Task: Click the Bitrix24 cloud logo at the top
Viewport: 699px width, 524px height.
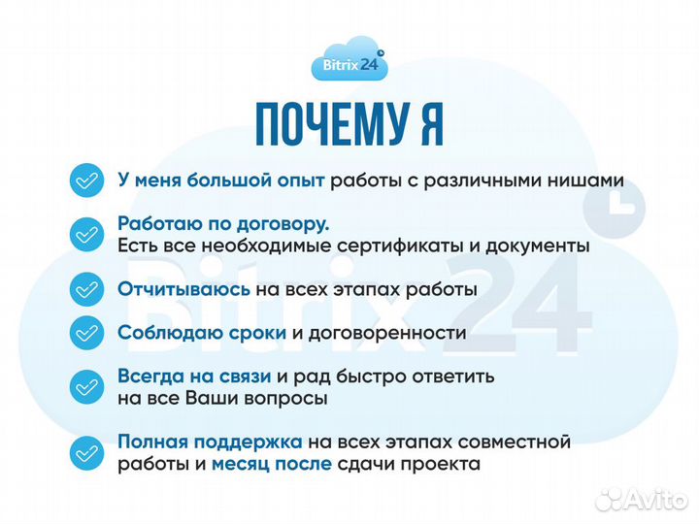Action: [349, 64]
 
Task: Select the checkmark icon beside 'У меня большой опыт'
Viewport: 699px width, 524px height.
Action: [86, 180]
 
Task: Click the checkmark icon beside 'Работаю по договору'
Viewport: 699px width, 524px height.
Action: [86, 234]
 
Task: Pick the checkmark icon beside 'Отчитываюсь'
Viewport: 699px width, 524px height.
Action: [86, 289]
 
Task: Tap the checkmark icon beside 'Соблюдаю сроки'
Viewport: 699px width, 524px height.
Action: [86, 333]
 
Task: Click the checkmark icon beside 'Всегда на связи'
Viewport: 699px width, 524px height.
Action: [86, 386]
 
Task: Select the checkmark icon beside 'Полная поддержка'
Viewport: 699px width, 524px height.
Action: [86, 453]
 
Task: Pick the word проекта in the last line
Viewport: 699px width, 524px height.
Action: [445, 465]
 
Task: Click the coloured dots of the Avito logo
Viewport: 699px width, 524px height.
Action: [610, 499]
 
